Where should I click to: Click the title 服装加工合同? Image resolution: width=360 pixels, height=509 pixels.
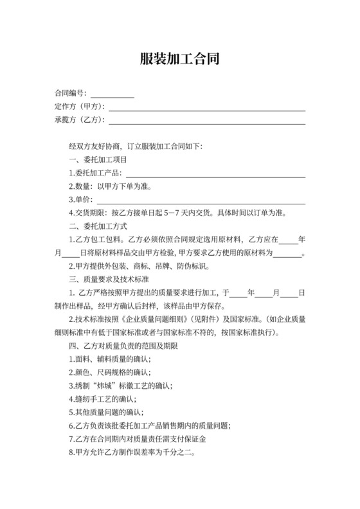180,60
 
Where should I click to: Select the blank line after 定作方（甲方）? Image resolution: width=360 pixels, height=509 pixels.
206,107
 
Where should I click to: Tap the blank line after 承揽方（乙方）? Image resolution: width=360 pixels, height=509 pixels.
206,120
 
